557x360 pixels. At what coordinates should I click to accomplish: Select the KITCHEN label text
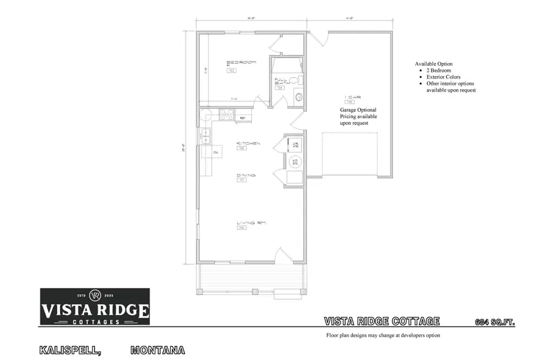pos(248,144)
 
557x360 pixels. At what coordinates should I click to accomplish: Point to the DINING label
pos(246,175)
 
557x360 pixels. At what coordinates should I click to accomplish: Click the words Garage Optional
pos(358,110)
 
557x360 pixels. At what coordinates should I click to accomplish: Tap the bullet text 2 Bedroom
pos(438,71)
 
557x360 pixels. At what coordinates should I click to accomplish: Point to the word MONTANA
pos(158,350)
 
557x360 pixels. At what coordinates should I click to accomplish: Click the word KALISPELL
pos(70,350)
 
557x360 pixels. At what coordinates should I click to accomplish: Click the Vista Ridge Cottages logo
pos(95,306)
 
